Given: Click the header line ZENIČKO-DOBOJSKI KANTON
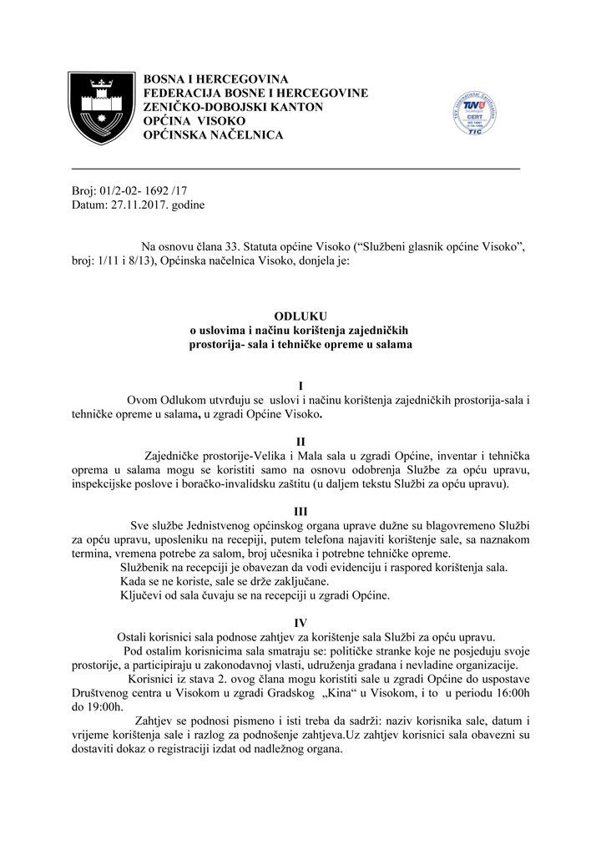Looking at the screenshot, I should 233,107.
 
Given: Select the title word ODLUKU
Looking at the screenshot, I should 300,316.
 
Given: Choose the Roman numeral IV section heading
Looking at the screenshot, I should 300,621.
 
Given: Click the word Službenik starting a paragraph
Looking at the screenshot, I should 148,567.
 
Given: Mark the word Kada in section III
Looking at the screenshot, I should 134,581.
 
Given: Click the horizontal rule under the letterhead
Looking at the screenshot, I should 295,169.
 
